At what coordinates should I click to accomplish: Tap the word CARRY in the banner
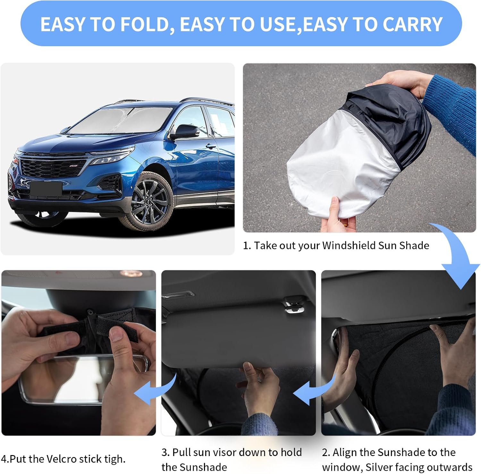coord(412,24)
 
